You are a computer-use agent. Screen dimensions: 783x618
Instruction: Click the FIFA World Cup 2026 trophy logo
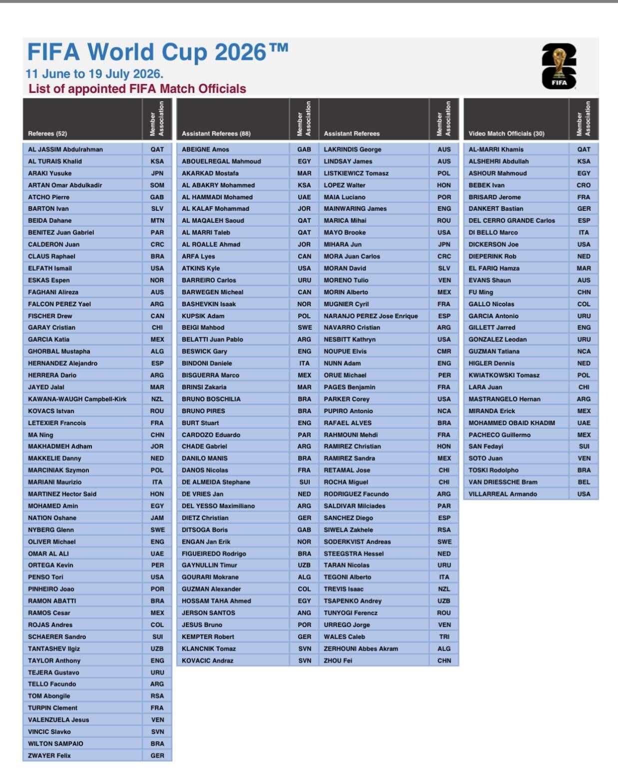point(559,66)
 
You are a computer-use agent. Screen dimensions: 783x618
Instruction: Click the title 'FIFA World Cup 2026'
point(157,52)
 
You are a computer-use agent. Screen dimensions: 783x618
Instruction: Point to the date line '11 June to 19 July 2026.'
point(94,74)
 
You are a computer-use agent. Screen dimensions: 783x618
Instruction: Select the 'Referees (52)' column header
point(47,133)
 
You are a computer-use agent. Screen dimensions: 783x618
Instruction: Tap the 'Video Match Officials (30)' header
point(507,133)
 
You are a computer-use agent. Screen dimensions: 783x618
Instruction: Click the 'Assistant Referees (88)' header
point(216,133)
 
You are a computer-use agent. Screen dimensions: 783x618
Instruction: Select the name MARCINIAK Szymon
point(58,470)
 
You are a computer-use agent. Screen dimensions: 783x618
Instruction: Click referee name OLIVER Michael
point(52,542)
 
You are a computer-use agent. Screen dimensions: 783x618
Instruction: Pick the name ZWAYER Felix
point(49,756)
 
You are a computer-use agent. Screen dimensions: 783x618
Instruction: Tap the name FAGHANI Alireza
point(53,292)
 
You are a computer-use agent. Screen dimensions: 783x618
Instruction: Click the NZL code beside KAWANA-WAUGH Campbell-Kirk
point(157,399)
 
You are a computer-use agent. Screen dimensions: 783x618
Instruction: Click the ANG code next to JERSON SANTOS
point(304,613)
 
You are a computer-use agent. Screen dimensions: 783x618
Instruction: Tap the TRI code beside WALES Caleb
point(444,637)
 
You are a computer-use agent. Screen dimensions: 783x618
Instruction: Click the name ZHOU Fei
point(338,661)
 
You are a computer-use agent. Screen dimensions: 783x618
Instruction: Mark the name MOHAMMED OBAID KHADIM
point(512,423)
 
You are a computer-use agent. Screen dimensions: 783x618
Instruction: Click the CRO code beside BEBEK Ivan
point(584,185)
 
